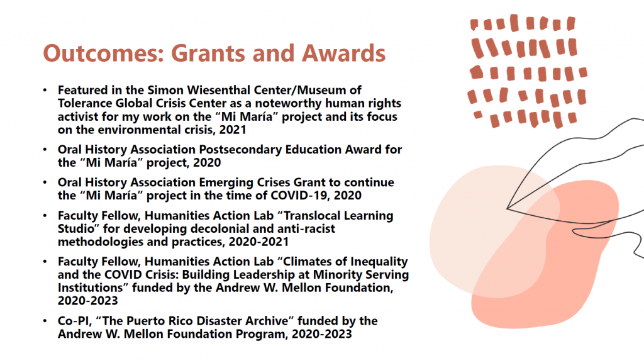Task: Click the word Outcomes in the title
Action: [104, 53]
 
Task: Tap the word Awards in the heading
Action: [344, 53]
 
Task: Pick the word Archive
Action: [267, 321]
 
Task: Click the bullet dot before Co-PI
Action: [45, 321]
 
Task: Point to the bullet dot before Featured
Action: [45, 90]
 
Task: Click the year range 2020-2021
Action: [258, 242]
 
